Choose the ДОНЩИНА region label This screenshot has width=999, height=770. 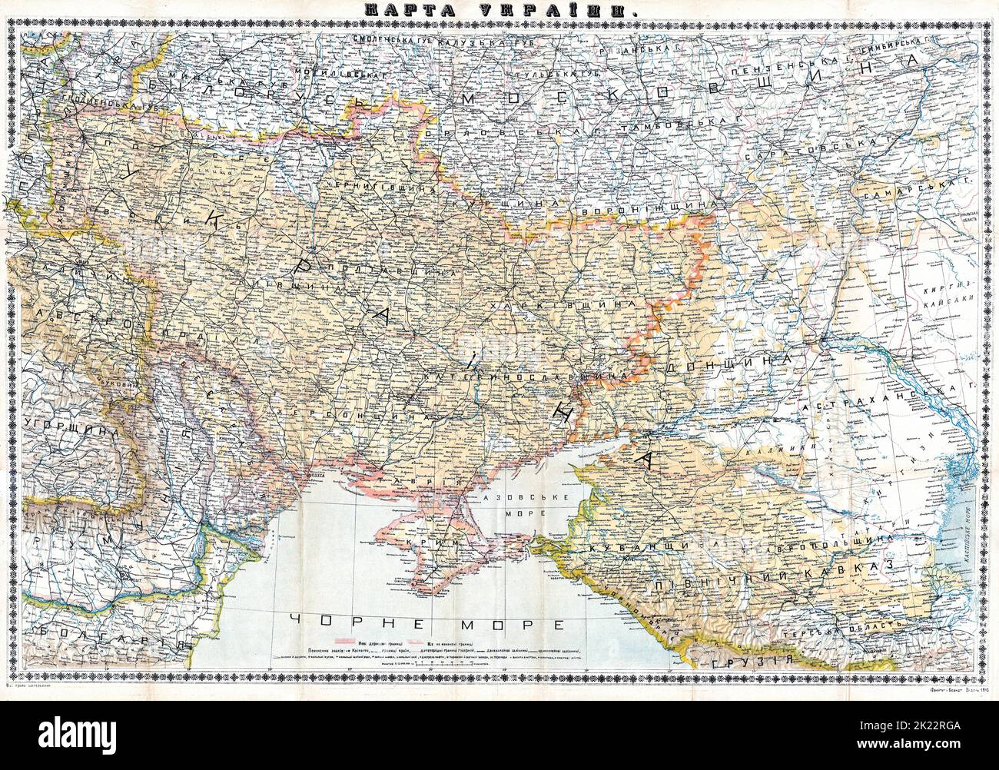coord(727,361)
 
